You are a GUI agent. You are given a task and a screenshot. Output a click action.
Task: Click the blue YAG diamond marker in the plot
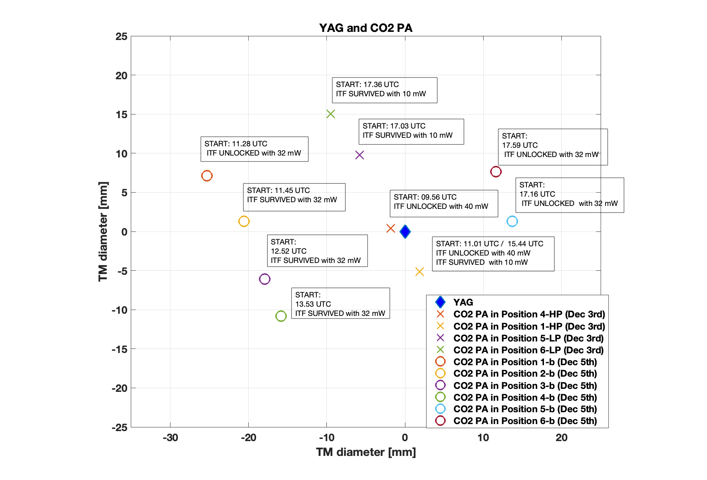click(x=405, y=232)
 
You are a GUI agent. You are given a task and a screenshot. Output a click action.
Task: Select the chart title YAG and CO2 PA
click(x=365, y=28)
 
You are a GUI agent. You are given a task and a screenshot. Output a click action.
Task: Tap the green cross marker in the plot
click(x=331, y=114)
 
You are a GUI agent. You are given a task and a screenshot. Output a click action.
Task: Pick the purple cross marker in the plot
click(x=359, y=155)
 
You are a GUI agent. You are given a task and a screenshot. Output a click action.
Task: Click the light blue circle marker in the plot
click(x=512, y=221)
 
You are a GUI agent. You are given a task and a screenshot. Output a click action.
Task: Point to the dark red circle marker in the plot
click(x=496, y=172)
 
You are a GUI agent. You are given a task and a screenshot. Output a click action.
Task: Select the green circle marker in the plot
click(x=281, y=316)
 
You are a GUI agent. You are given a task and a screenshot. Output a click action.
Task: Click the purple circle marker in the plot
click(x=265, y=279)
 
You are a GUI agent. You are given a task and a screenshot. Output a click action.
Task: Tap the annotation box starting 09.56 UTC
click(x=444, y=203)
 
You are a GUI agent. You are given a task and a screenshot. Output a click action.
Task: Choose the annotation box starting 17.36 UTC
click(x=384, y=90)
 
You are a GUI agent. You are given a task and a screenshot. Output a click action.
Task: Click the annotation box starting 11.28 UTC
click(x=254, y=149)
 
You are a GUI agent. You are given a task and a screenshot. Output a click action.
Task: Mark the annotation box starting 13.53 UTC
click(x=340, y=303)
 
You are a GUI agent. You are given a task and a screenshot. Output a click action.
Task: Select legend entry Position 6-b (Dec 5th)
click(x=525, y=421)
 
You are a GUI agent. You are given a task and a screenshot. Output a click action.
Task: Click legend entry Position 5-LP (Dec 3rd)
click(x=528, y=338)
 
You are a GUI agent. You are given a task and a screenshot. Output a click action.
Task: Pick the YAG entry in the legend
click(x=463, y=302)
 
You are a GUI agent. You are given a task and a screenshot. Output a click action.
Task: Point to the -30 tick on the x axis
click(x=170, y=438)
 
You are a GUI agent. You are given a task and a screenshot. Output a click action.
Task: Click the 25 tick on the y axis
click(x=121, y=37)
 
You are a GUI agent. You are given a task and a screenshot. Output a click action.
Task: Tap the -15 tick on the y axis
click(x=119, y=349)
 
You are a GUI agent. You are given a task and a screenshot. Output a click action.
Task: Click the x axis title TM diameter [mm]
click(x=366, y=452)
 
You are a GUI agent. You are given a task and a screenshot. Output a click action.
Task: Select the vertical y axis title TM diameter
click(x=103, y=231)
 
